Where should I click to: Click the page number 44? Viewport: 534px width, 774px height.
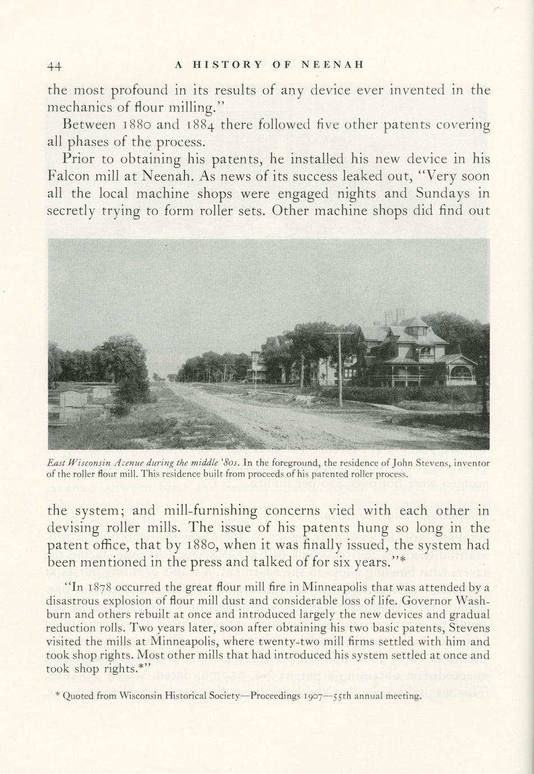54,66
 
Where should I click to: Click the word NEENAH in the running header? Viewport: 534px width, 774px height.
333,64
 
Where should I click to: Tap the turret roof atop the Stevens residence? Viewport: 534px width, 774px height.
416,322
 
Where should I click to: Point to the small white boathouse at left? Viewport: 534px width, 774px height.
73,399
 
